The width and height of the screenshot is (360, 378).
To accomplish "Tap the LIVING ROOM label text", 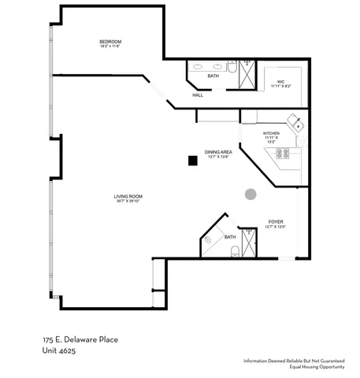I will pyautogui.click(x=127, y=196).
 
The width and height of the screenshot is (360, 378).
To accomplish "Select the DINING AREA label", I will pyautogui.click(x=218, y=151).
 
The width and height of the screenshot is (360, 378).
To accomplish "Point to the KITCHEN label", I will pyautogui.click(x=272, y=133).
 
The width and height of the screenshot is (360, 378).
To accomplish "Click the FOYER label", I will pyautogui.click(x=276, y=222).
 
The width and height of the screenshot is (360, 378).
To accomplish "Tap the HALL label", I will pyautogui.click(x=198, y=95).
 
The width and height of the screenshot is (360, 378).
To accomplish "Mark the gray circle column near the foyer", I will pyautogui.click(x=251, y=194).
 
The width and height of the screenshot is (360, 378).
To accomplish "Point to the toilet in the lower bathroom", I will pyautogui.click(x=234, y=252).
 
